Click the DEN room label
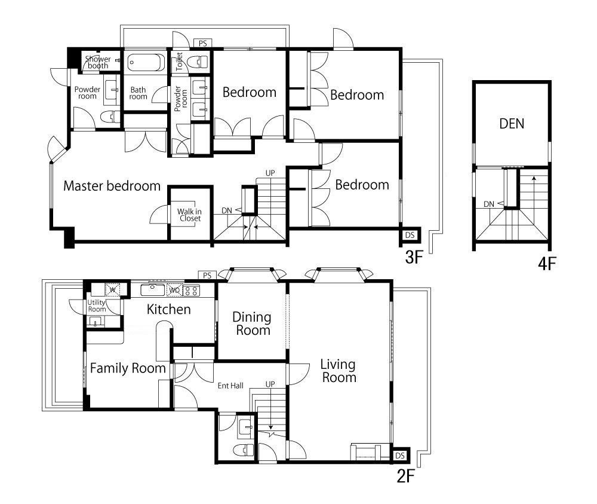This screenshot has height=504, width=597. (512, 124)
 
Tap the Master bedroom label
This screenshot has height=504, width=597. (112, 186)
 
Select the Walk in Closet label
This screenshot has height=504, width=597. (189, 215)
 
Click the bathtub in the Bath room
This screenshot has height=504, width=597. (146, 62)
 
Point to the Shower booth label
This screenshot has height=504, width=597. (98, 62)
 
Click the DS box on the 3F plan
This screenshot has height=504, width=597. (410, 235)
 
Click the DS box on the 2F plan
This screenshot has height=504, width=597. (400, 456)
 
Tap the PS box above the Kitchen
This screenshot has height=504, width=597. (207, 275)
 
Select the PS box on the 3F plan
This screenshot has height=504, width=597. (203, 43)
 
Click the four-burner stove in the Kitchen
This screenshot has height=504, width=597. (192, 291)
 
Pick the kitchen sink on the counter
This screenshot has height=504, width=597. (153, 290)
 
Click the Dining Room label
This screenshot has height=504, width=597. (252, 323)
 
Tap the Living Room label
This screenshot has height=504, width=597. (338, 371)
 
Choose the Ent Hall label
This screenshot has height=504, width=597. (230, 386)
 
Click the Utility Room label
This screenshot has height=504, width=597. (97, 306)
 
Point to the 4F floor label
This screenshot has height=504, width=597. (547, 264)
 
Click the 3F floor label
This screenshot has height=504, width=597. (414, 257)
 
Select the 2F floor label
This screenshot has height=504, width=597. (405, 476)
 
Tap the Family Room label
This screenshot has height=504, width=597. (128, 368)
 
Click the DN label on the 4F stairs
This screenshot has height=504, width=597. (489, 204)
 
